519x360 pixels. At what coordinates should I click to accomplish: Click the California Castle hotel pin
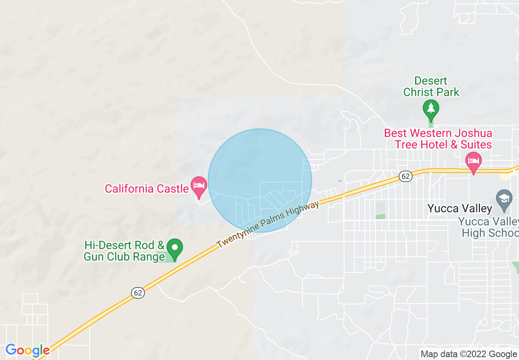[x=199, y=185]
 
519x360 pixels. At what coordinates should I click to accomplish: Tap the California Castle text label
[x=146, y=189]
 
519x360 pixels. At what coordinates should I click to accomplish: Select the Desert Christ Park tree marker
[x=431, y=108]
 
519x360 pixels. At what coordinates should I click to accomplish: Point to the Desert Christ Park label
[x=431, y=86]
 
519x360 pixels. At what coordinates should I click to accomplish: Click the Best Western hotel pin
[x=474, y=161]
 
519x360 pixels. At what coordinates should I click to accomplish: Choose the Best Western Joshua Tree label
[x=438, y=139]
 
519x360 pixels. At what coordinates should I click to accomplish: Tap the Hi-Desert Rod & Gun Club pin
[x=175, y=248]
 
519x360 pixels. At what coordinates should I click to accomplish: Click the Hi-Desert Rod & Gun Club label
[x=124, y=251]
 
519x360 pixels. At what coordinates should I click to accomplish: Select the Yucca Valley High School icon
[x=504, y=198]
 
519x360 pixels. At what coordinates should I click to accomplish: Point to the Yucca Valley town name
[x=460, y=209]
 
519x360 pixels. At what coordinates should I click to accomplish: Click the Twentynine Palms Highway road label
[x=268, y=224]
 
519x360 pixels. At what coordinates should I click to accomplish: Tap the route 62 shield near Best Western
[x=405, y=176]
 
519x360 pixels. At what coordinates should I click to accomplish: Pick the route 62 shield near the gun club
[x=138, y=292]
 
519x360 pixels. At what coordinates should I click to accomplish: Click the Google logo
[x=27, y=351]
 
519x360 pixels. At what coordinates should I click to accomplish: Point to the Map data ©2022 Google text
[x=469, y=354]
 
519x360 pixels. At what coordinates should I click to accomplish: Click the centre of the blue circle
[x=260, y=180]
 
